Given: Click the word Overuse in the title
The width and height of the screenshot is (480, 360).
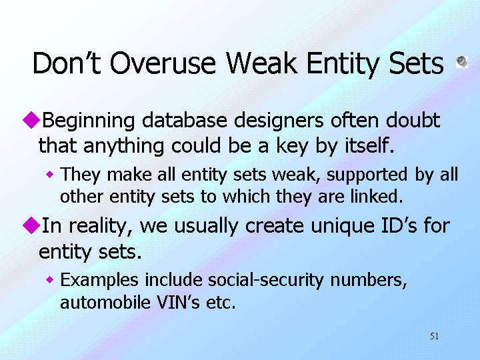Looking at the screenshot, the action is click(163, 63).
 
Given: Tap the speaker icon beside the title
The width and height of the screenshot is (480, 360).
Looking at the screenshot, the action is click(461, 62).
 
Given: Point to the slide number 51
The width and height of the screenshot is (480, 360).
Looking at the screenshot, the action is click(435, 336).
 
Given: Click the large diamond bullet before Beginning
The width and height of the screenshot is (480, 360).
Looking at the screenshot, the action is click(31, 120).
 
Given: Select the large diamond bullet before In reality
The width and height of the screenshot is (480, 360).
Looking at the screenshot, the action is click(31, 225).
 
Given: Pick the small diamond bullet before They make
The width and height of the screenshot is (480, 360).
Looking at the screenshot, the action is click(49, 175).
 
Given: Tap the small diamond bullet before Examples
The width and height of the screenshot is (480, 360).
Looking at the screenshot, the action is click(49, 279).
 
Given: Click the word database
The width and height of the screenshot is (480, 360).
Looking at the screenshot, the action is click(184, 120).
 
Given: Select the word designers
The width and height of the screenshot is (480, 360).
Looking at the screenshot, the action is click(279, 121).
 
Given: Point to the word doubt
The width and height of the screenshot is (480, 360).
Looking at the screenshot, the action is click(413, 120).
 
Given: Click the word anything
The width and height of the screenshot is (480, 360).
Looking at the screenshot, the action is click(124, 146).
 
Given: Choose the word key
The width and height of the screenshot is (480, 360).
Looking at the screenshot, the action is click(292, 146).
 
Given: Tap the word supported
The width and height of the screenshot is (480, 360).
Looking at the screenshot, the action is click(367, 175).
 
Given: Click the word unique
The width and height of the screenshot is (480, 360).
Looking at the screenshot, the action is click(342, 227).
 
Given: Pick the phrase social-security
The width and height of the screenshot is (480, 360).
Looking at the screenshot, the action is click(265, 281).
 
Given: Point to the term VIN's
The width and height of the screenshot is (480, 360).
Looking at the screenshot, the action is click(178, 302).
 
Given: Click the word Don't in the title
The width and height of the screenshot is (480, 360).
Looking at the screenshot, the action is click(67, 63).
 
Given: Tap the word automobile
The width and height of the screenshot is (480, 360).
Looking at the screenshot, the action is click(105, 302).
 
